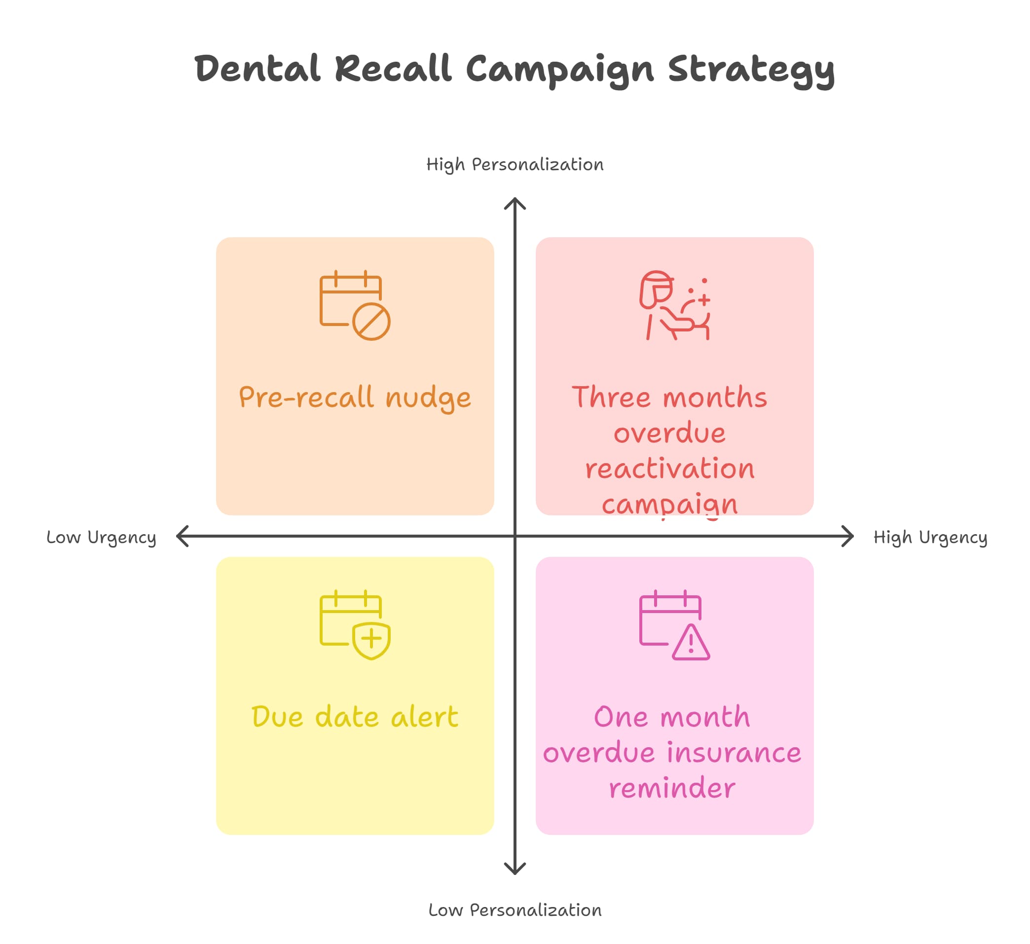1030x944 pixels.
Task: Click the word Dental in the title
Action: tap(257, 69)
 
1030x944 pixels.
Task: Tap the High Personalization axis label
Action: tap(515, 165)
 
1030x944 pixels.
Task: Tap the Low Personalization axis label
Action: tap(515, 910)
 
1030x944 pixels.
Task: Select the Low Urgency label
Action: tap(101, 538)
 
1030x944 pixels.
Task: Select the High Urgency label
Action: tap(930, 538)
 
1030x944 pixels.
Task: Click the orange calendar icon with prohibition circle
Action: tap(355, 305)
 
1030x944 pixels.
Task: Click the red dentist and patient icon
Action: tap(674, 305)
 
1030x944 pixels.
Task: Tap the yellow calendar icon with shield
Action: tap(355, 625)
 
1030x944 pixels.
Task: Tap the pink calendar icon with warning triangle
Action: tap(674, 625)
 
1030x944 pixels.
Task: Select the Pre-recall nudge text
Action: tap(355, 398)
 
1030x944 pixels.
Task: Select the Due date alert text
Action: tap(355, 717)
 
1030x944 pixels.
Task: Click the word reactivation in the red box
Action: tap(670, 469)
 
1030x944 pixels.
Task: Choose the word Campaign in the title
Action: tap(559, 71)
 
